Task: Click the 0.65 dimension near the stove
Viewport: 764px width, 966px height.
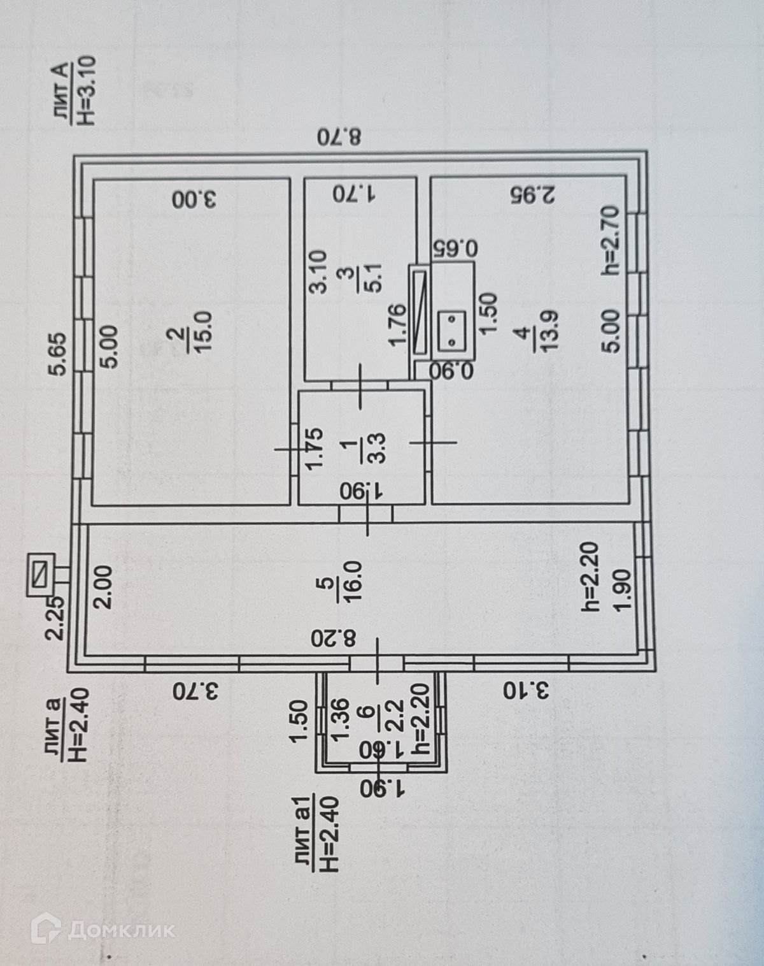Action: tap(453, 247)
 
